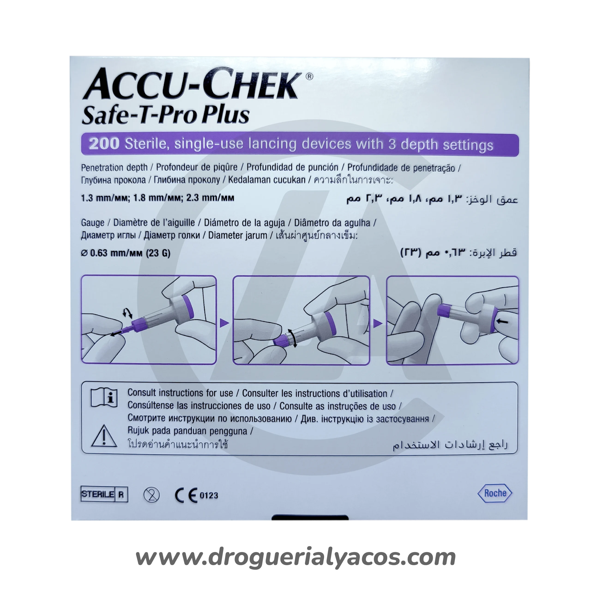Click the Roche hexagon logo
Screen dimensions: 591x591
point(495,493)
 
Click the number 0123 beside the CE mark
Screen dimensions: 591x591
point(209,495)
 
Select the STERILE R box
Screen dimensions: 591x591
point(104,494)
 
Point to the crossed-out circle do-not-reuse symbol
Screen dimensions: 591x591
point(151,495)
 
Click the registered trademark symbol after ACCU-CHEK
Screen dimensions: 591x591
point(309,76)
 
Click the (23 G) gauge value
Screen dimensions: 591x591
point(158,253)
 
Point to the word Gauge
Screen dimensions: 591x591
point(93,223)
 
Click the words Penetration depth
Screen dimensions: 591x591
point(114,168)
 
